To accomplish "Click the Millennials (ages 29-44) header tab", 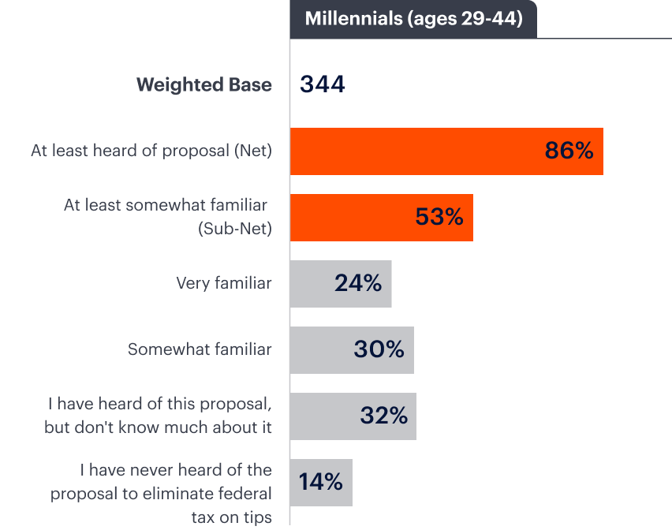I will (x=413, y=19).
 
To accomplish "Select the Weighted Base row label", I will (x=203, y=85).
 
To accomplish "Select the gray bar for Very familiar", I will (x=312, y=283).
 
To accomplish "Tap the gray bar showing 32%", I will (x=323, y=416).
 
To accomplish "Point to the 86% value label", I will (x=569, y=151).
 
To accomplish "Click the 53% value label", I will (x=439, y=217).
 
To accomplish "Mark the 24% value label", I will (x=358, y=283).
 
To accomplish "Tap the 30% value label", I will (x=379, y=349).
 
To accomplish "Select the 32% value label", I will (x=383, y=416).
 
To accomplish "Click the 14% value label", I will (x=321, y=482).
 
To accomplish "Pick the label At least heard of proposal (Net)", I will (x=151, y=151).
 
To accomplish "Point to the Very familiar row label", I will (x=224, y=283).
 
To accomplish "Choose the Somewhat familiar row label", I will (x=200, y=349).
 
